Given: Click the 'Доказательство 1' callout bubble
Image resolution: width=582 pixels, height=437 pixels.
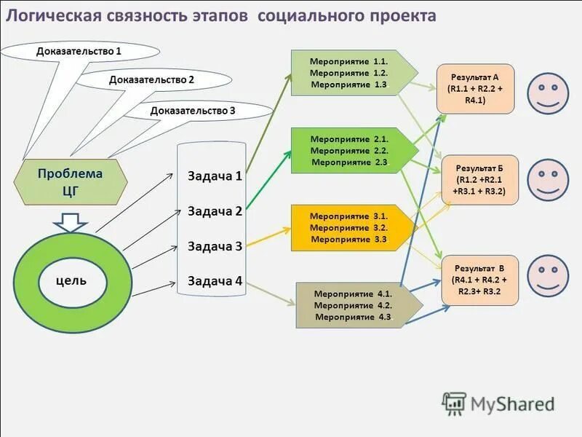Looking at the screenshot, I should tap(79, 51).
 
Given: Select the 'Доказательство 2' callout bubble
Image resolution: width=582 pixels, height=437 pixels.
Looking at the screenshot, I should tap(151, 79).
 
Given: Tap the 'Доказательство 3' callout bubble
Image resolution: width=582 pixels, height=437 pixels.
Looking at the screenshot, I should tap(193, 111).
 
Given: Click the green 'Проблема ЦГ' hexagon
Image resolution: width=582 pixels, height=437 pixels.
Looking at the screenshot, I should tap(71, 181).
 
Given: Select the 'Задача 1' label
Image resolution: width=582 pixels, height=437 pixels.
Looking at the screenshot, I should tap(215, 176).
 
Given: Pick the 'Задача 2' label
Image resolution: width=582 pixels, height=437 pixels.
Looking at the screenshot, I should tap(215, 211).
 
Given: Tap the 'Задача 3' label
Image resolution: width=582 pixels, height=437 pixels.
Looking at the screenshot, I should tap(215, 246).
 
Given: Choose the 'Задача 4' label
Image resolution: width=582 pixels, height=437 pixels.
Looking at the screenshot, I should tap(215, 280).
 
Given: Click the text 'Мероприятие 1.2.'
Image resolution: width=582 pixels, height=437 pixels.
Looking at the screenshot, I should tap(348, 74).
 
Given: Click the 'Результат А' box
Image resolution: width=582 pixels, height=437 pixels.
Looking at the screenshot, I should tap(475, 89).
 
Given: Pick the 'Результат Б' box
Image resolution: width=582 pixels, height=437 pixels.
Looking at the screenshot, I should tap(479, 180).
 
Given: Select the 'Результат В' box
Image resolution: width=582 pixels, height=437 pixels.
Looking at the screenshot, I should tap(479, 280).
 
